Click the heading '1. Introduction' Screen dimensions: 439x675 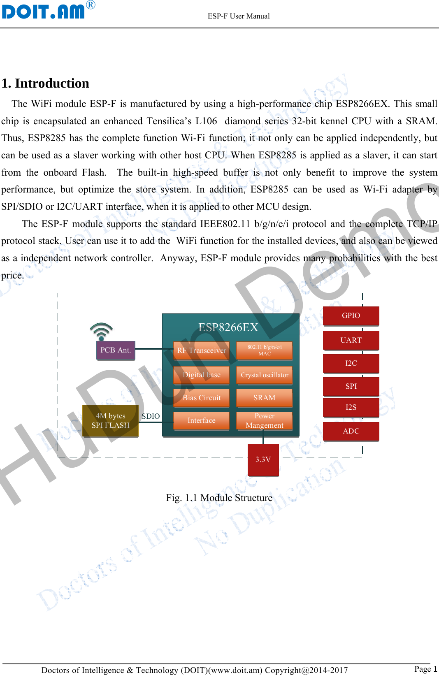click(45, 84)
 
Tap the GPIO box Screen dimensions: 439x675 click(351, 315)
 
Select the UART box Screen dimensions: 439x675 click(351, 340)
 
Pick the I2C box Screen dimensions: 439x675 click(351, 363)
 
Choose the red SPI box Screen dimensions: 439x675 click(351, 386)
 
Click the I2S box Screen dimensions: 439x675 click(351, 407)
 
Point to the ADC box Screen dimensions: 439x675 click(351, 431)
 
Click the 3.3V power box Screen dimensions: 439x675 click(263, 459)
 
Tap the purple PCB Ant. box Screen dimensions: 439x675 click(116, 350)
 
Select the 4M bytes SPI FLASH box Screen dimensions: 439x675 click(110, 420)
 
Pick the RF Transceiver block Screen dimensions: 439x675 click(201, 350)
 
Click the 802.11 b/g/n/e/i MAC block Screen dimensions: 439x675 click(264, 350)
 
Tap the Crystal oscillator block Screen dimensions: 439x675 click(264, 375)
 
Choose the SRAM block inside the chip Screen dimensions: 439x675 click(264, 398)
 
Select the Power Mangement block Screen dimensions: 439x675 click(264, 420)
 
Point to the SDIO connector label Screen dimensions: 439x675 click(151, 416)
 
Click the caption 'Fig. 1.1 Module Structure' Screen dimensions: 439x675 click(219, 498)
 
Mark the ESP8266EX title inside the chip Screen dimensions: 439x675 click(228, 327)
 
